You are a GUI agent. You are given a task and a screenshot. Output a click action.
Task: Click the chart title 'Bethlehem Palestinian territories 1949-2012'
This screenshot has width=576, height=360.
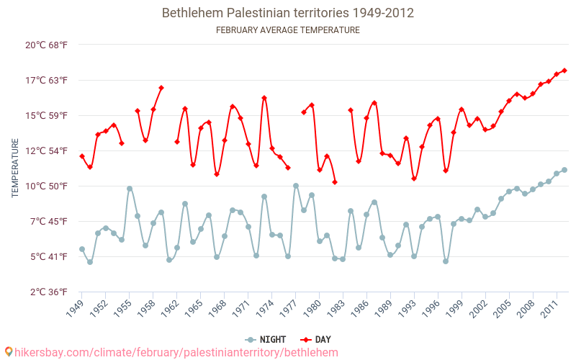point(288,13)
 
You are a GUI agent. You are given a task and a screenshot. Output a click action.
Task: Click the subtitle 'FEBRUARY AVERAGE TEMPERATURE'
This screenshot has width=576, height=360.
point(288,30)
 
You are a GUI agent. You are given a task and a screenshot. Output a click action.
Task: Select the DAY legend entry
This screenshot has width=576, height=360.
point(318,340)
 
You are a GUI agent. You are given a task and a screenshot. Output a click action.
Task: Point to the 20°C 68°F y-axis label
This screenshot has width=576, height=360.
point(47,45)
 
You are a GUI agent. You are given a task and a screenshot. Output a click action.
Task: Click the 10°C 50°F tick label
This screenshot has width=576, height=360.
point(47,186)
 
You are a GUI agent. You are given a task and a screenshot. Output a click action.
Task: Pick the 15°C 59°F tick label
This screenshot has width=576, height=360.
point(47,115)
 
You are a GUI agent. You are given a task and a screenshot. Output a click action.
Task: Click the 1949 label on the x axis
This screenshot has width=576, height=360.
point(74,310)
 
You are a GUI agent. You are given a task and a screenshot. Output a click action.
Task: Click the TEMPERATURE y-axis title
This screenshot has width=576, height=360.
point(15,168)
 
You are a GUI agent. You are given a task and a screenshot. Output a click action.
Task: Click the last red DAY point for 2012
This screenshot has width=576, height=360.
point(564,71)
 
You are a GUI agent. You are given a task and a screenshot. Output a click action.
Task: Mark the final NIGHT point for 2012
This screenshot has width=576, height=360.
point(564,170)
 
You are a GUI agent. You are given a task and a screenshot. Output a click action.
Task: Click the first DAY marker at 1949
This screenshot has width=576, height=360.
point(82,156)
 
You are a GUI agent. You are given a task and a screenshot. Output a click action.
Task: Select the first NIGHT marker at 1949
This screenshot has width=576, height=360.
point(82,249)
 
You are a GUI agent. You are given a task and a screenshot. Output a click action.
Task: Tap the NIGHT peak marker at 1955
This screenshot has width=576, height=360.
point(130,189)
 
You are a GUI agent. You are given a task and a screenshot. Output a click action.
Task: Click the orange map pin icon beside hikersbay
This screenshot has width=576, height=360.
point(8,352)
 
